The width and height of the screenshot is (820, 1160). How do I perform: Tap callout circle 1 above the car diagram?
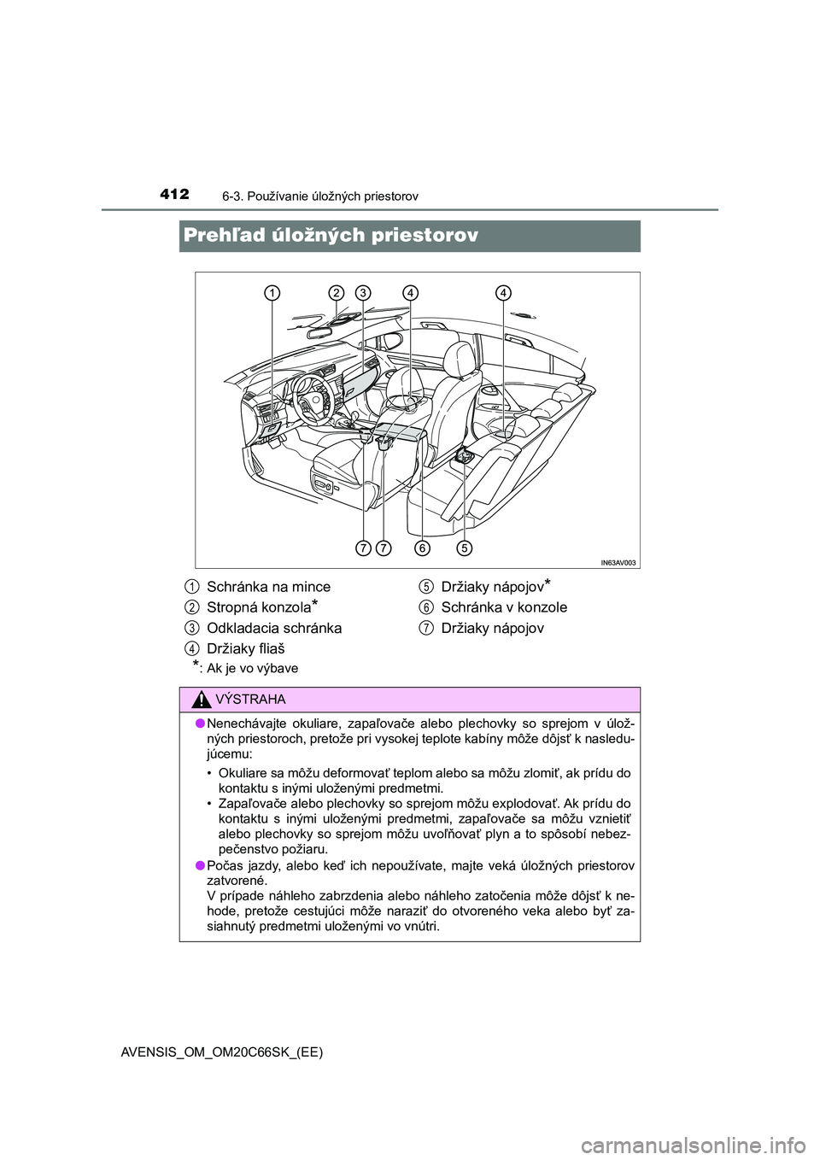[272, 293]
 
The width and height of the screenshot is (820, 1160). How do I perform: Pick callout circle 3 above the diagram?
[363, 293]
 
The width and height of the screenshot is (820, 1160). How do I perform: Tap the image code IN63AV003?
[618, 562]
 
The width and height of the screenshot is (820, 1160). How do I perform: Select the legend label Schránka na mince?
[268, 587]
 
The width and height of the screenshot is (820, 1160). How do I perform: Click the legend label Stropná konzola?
[259, 607]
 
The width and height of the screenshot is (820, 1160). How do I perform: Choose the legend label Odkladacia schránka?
[274, 628]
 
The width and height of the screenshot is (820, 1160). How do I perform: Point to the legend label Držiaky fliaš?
[246, 648]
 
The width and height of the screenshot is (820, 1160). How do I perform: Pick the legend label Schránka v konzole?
[504, 607]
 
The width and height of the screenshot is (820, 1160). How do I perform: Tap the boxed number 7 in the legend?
[425, 628]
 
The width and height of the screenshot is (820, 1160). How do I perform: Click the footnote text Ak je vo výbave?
[252, 668]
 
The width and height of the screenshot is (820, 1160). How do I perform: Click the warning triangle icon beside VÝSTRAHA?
[202, 700]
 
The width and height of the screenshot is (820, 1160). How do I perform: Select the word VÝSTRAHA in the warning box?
[250, 700]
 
